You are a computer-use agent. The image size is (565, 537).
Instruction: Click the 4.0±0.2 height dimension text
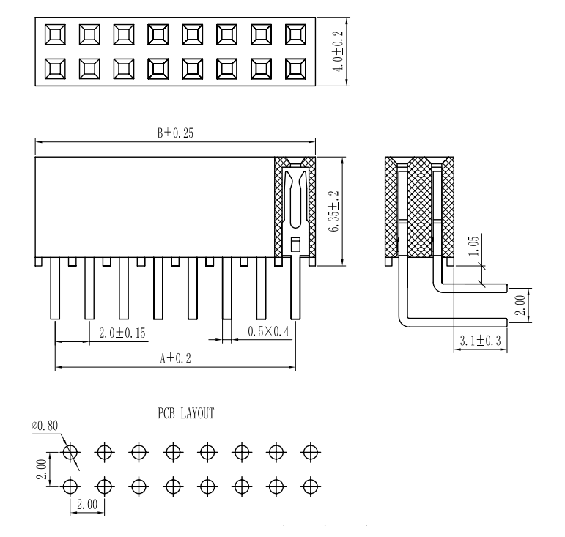338,49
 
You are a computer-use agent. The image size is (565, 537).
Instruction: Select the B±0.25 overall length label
174,133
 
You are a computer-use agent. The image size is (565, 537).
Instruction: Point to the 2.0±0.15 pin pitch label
122,333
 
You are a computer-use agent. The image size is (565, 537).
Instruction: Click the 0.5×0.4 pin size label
268,331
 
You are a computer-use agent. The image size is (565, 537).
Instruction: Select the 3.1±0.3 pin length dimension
480,341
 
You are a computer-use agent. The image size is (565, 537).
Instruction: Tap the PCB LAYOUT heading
185,414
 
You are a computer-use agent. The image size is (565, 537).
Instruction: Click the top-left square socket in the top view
56,34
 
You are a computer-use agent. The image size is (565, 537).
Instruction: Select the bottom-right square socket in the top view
296,69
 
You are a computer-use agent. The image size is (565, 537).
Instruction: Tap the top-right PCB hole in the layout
311,451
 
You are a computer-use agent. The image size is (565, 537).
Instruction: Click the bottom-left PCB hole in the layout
70,485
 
